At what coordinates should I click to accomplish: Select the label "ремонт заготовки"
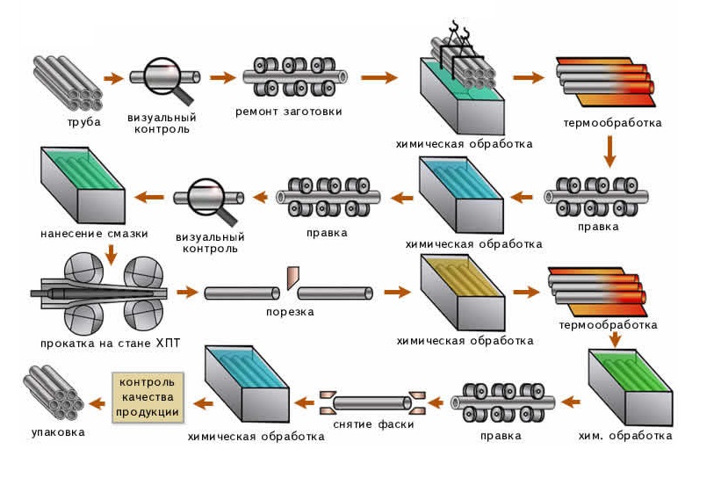288,112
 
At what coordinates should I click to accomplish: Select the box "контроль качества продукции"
148,397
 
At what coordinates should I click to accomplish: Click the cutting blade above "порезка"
291,277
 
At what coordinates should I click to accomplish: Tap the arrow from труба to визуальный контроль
113,78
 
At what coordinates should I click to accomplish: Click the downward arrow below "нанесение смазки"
112,255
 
